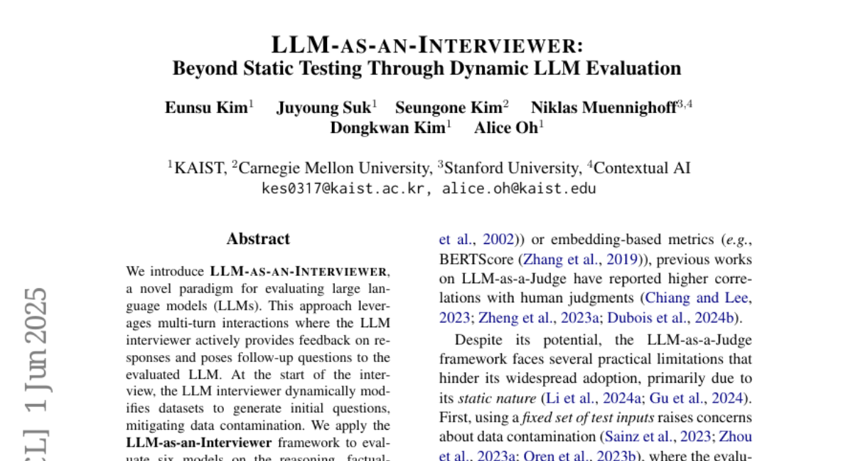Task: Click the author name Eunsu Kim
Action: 206,107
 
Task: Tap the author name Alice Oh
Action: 506,128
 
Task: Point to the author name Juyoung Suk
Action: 323,107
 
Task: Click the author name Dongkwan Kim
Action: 387,128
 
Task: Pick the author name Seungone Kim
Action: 448,107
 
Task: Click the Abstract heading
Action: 258,239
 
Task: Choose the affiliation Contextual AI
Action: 642,169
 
